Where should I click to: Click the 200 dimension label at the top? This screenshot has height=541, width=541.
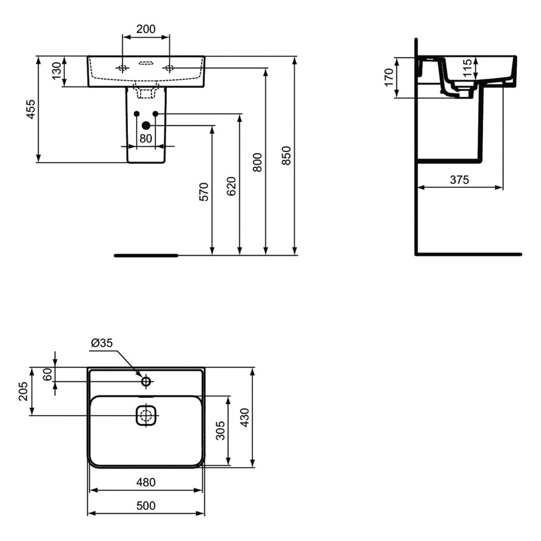[x=146, y=29]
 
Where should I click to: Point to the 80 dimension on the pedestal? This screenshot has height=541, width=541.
[x=146, y=137]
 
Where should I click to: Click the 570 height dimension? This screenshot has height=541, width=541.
[x=204, y=191]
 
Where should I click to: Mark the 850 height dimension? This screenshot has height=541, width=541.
[x=286, y=156]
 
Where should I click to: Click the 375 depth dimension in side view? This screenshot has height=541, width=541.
[x=459, y=179]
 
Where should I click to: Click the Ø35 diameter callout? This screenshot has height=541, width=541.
[x=101, y=343]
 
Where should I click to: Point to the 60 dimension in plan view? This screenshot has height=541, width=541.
[x=46, y=374]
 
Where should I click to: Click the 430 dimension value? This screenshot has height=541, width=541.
[x=245, y=418]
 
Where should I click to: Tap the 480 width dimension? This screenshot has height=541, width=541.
[x=146, y=482]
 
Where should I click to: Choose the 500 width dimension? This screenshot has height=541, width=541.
[x=146, y=505]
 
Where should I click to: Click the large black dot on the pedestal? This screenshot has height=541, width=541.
[x=146, y=125]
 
